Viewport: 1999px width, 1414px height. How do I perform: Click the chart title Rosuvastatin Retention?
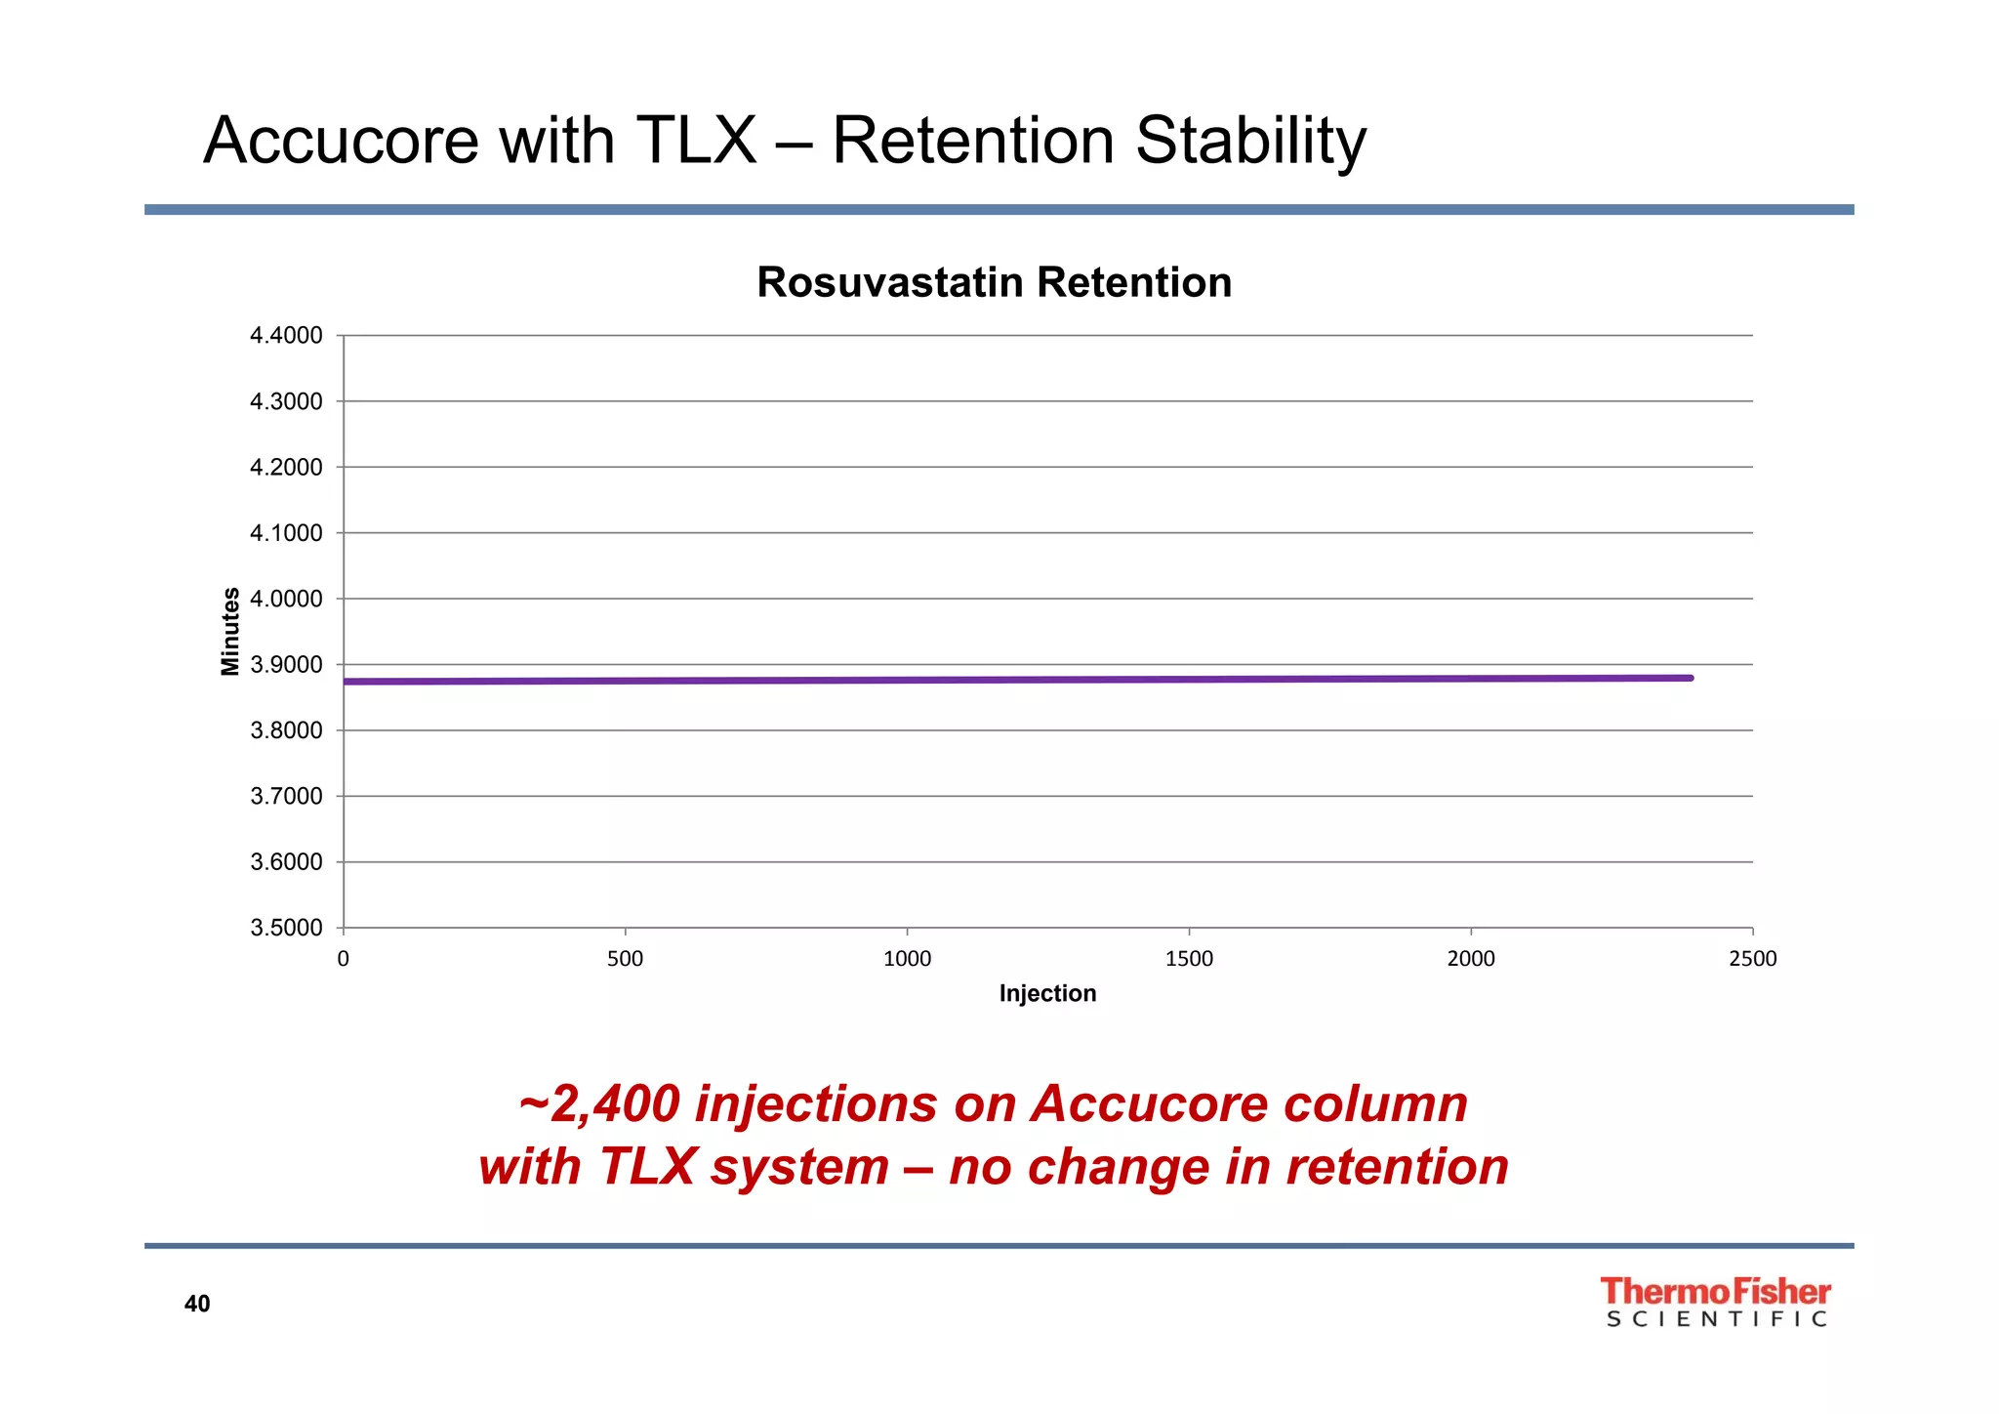click(x=994, y=282)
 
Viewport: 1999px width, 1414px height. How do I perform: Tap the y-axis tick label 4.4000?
click(x=286, y=336)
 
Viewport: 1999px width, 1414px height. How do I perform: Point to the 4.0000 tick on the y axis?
click(x=286, y=599)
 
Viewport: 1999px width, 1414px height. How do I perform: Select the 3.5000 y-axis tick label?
click(x=286, y=928)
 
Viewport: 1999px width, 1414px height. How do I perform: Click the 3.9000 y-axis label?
click(x=286, y=665)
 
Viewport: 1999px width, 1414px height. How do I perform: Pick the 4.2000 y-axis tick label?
click(x=286, y=468)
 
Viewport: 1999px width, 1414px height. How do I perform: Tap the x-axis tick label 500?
click(x=625, y=959)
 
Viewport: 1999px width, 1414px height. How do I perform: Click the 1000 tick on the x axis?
click(x=907, y=959)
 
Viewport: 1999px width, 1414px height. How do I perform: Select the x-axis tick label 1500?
click(x=1189, y=959)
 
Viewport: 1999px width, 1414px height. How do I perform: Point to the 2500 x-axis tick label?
click(x=1752, y=959)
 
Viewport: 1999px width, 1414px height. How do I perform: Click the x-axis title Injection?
click(x=1047, y=993)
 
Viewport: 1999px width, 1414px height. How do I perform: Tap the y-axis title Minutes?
click(x=230, y=631)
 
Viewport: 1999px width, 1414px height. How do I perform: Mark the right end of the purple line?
click(x=1690, y=678)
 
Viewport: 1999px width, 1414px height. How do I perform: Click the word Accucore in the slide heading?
click(x=341, y=141)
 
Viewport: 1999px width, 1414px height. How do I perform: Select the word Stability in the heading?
click(x=1250, y=143)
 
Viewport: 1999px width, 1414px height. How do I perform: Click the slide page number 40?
click(x=197, y=1304)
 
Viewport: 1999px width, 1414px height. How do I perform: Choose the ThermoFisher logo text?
click(x=1715, y=1291)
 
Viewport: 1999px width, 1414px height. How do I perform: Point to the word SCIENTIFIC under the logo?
click(x=1716, y=1319)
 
